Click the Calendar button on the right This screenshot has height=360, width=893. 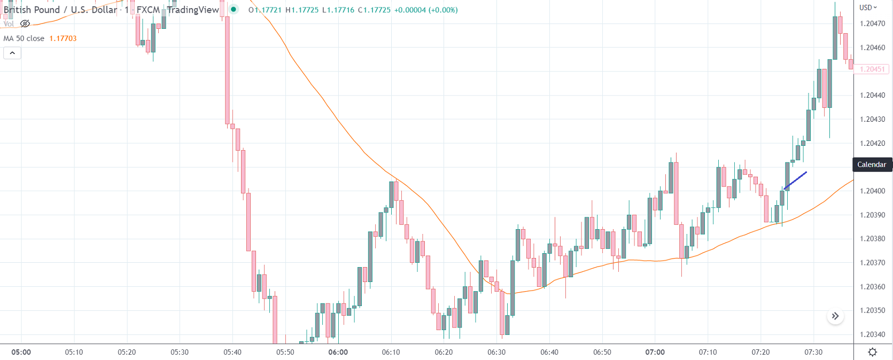(x=872, y=165)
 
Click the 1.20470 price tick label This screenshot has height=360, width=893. (x=872, y=24)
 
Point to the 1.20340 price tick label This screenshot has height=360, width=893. (x=872, y=334)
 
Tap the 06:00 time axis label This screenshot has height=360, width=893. (x=338, y=352)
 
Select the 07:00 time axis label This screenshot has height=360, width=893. (x=655, y=352)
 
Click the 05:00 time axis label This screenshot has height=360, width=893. (x=21, y=352)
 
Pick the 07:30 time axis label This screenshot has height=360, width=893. (x=813, y=352)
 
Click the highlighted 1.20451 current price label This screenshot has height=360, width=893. (x=872, y=69)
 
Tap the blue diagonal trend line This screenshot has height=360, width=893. (x=795, y=180)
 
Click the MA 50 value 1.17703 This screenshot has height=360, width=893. (x=63, y=38)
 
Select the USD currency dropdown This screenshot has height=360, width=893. (x=868, y=7)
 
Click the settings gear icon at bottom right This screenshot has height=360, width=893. (x=873, y=352)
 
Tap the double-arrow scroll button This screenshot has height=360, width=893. (x=835, y=316)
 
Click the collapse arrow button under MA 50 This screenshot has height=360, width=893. (x=12, y=53)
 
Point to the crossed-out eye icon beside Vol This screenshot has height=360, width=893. (x=25, y=24)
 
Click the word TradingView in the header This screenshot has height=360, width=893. (x=193, y=10)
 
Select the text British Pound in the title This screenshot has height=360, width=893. (x=32, y=10)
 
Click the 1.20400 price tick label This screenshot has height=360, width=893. (x=872, y=191)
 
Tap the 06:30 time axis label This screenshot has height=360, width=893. (x=496, y=352)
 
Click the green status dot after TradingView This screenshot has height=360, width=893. (x=234, y=10)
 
